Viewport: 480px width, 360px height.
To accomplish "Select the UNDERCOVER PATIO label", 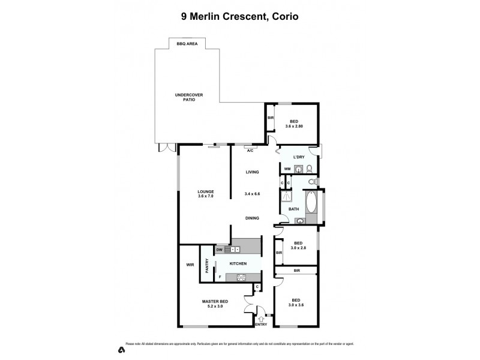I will click(185, 97).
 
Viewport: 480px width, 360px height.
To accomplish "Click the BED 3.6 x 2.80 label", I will click(294, 123).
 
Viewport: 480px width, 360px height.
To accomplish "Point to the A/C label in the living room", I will click(251, 151).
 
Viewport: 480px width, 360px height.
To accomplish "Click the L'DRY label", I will click(299, 157).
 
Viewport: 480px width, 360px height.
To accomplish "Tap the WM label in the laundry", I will click(287, 169).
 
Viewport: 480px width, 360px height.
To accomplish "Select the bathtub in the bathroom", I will click(312, 203).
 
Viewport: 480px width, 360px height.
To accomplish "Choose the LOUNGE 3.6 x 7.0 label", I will click(206, 194).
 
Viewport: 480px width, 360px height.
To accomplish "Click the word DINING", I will click(251, 218).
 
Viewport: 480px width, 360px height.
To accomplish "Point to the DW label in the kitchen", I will click(220, 249).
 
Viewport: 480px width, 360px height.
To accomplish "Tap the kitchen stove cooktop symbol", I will click(242, 277).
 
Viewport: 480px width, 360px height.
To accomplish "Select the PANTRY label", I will click(207, 265).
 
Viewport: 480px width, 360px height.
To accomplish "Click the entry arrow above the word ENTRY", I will click(260, 318).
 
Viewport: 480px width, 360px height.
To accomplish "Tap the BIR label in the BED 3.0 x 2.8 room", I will click(279, 253).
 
